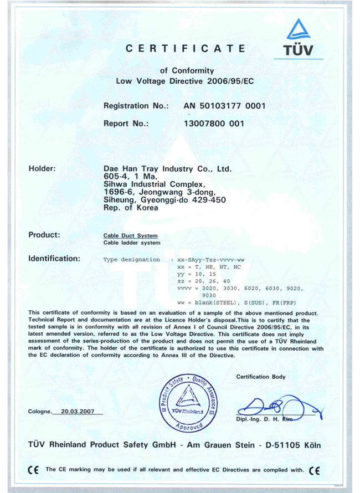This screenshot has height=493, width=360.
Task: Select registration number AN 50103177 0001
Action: pos(225,105)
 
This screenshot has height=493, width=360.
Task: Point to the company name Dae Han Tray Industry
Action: pos(167,168)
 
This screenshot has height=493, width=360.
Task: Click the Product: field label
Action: pos(44,234)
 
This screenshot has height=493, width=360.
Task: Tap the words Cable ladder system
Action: pos(132,243)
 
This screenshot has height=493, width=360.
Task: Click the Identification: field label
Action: pos(54,258)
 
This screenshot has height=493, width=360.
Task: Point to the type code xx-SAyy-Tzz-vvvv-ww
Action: pos(209,259)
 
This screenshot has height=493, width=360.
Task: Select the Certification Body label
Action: pos(261,377)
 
